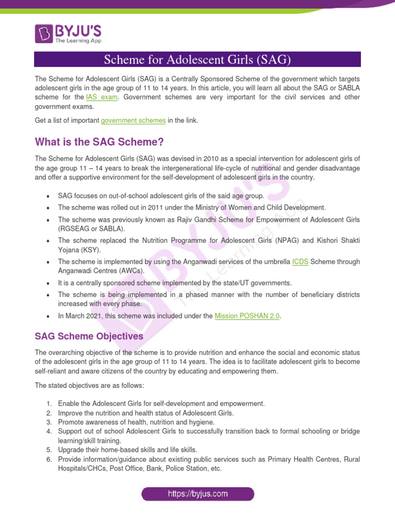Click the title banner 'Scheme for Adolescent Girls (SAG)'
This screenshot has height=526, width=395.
coord(197,60)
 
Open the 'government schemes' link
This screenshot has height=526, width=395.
coord(133,120)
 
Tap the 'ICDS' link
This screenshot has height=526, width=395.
coord(300,261)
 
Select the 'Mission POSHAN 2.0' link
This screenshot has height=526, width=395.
coord(247,316)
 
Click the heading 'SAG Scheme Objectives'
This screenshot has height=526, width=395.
coord(89,336)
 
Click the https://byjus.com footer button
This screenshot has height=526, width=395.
coord(197,494)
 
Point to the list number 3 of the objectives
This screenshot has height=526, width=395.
coord(49,422)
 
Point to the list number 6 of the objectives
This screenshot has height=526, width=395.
coord(49,459)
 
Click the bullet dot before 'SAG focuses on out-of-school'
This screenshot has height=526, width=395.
coord(47,196)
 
